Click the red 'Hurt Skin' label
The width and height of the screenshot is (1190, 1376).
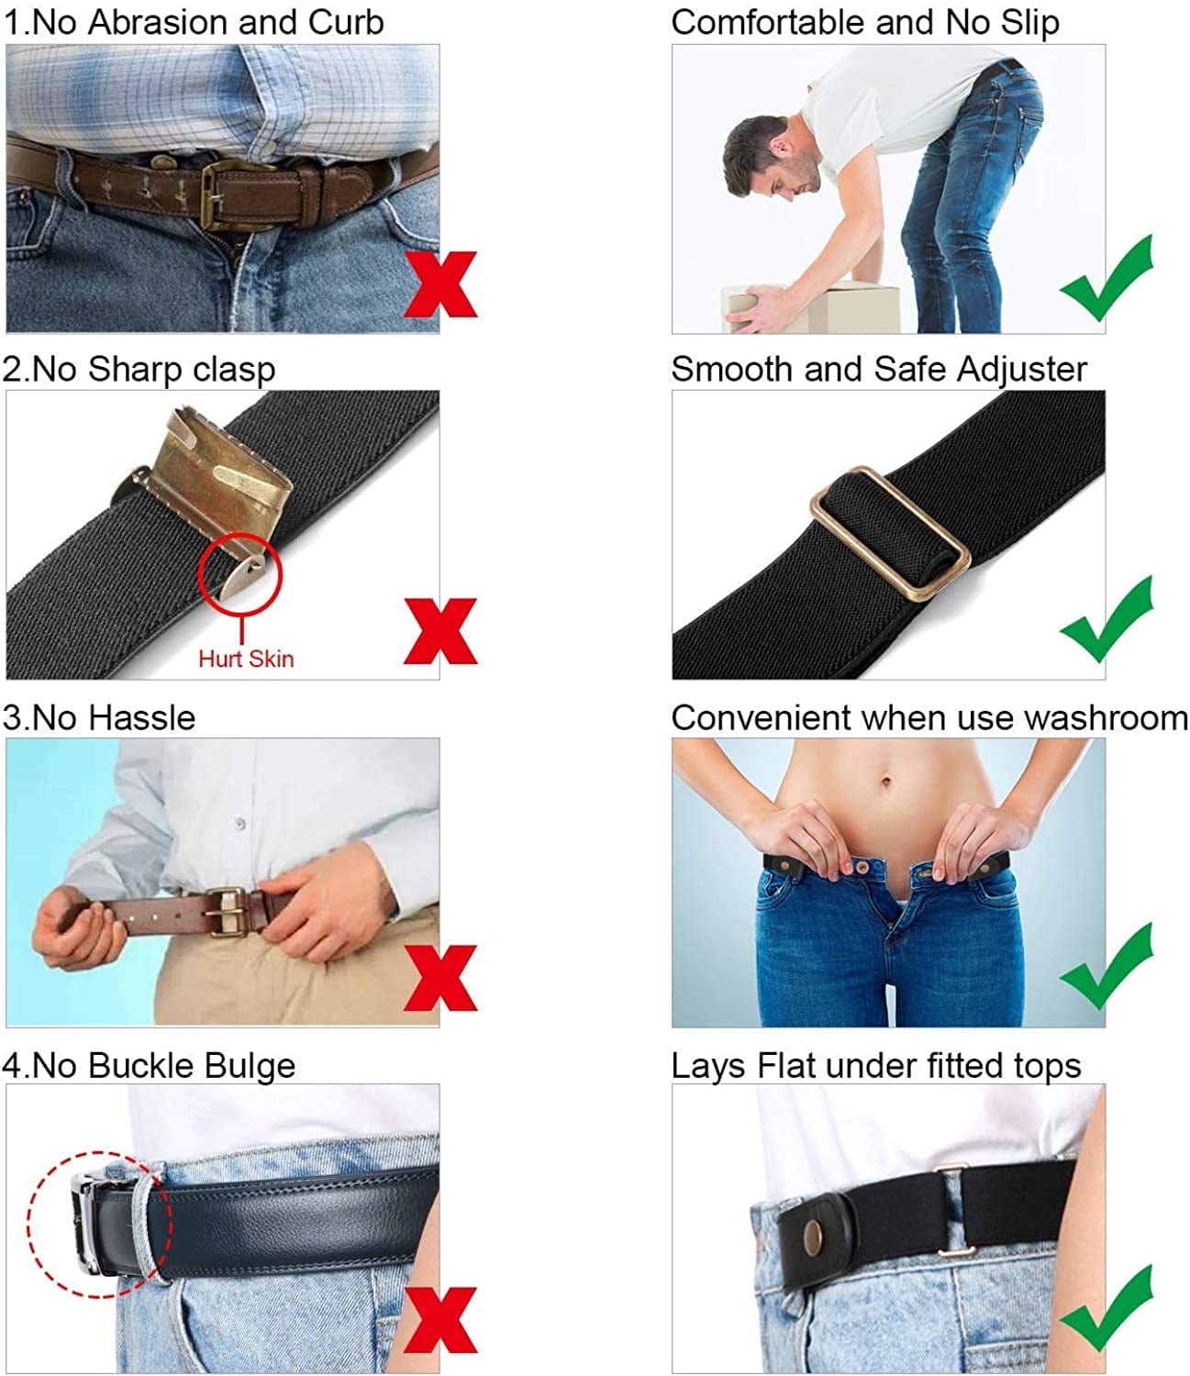click(246, 658)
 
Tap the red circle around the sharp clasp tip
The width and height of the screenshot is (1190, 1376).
click(240, 575)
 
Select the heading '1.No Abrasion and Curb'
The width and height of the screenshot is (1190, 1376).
click(194, 22)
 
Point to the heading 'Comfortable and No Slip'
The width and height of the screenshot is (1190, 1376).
click(865, 22)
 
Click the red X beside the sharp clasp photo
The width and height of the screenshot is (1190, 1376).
click(440, 631)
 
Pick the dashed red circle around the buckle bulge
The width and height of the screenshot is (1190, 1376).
click(99, 1224)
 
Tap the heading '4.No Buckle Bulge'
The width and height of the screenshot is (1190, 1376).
click(149, 1065)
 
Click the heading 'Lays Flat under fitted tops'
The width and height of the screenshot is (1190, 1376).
click(875, 1065)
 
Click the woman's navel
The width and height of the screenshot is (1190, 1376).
click(885, 782)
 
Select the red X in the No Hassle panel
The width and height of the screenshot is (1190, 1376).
click(440, 978)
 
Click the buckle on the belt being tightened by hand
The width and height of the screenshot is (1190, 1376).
click(227, 911)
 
